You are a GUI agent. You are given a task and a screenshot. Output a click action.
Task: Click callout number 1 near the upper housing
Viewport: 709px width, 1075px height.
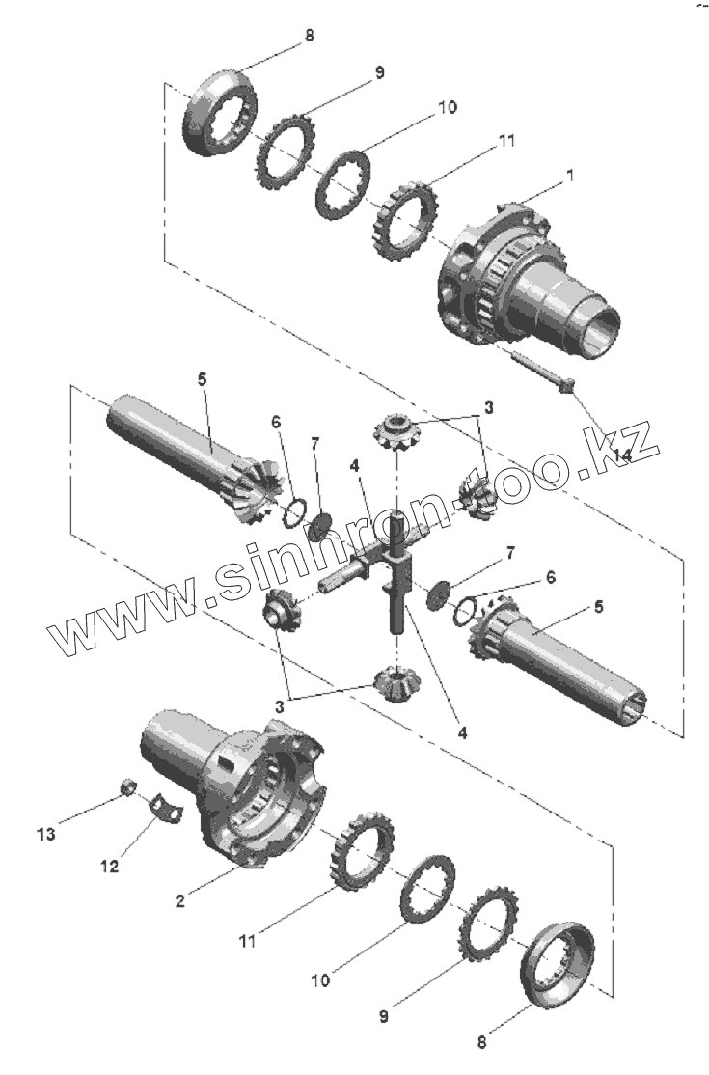point(570,177)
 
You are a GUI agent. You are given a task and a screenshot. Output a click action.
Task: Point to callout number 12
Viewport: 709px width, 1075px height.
point(109,867)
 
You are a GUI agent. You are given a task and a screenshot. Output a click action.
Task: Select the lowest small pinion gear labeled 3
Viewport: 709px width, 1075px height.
point(394,683)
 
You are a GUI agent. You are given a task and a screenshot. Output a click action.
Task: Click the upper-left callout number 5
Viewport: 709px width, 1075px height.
point(202,379)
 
